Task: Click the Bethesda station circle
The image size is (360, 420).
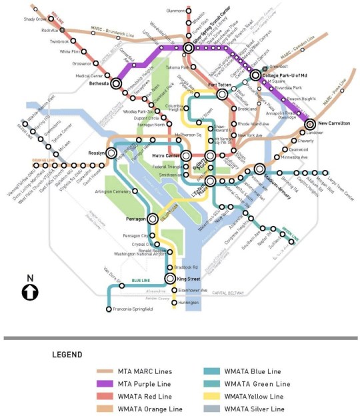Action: click(117, 84)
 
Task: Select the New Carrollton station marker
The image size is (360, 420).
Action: click(310, 124)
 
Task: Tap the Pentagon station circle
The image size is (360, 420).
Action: click(153, 218)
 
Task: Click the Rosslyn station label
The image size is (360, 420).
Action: click(97, 153)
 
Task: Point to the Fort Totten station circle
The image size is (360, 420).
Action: click(223, 94)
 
